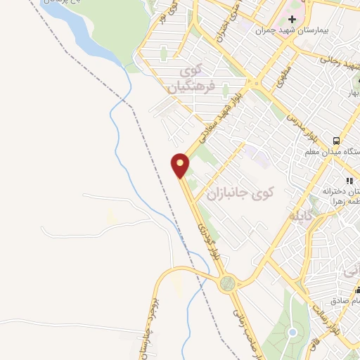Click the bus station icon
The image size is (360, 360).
point(337,140)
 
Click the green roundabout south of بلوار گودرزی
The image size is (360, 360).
point(227,284)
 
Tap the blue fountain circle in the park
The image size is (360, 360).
point(293,332)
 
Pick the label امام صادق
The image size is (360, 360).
point(348,300)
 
